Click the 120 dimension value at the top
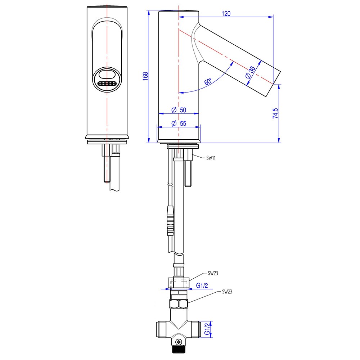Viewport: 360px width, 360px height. tap(226, 13)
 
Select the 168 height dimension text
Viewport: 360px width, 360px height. tap(145, 77)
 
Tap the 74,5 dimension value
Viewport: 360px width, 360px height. tap(275, 112)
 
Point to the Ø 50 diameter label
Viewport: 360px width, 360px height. tap(179, 109)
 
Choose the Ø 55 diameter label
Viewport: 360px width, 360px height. tap(179, 123)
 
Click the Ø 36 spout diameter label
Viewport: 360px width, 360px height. tap(250, 73)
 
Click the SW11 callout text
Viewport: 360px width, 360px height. tap(211, 158)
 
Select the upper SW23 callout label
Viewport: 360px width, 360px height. tap(213, 273)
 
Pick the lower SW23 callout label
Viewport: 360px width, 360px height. tap(227, 292)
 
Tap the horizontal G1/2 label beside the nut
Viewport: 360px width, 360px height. tap(202, 286)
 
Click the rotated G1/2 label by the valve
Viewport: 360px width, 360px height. tap(208, 329)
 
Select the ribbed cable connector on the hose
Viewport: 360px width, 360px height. tap(170, 221)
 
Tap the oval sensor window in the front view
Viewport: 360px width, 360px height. tap(107, 75)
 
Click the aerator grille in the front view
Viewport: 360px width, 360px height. tap(107, 84)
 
